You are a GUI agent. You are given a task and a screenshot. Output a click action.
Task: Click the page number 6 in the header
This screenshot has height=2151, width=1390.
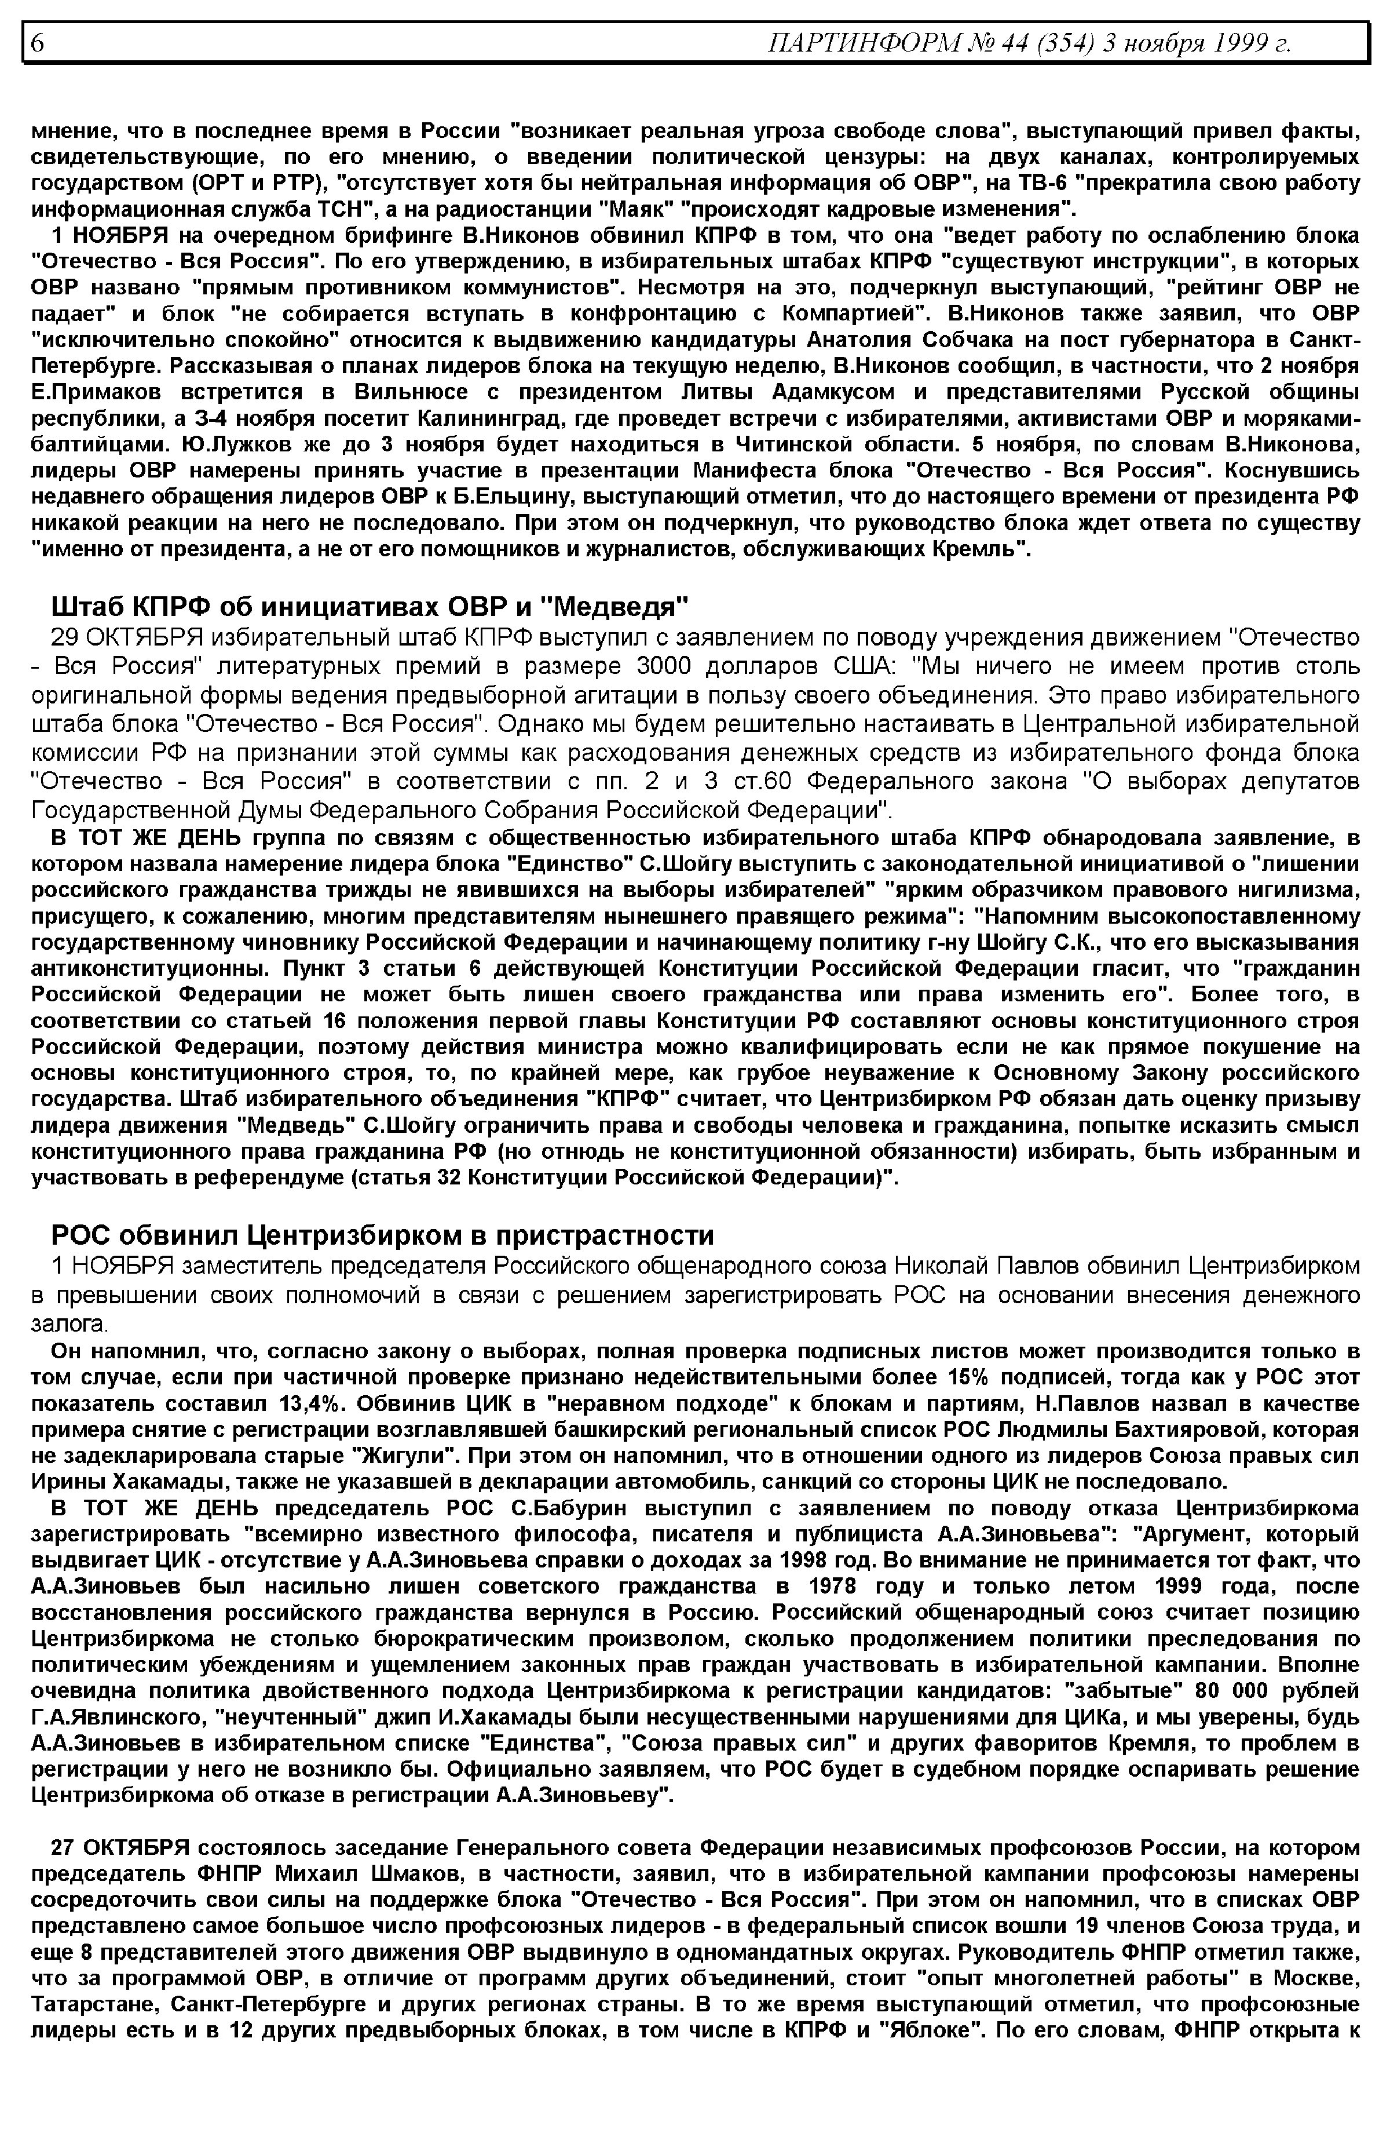point(37,42)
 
